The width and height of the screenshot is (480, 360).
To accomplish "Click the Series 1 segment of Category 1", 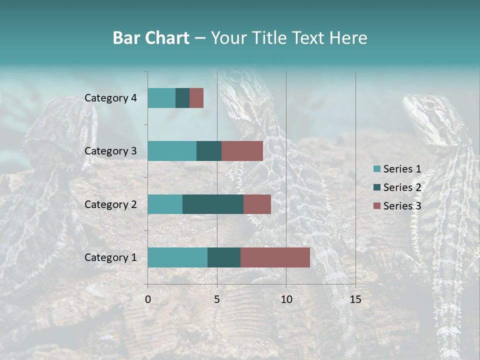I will pyautogui.click(x=177, y=257).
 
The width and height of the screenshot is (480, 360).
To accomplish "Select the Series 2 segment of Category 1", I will pyautogui.click(x=223, y=257).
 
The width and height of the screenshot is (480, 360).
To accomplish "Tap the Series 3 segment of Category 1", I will pyautogui.click(x=275, y=257).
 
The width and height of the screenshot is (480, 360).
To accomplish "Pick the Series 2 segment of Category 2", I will pyautogui.click(x=212, y=204).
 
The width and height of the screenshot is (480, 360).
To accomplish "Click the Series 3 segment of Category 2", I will pyautogui.click(x=257, y=204).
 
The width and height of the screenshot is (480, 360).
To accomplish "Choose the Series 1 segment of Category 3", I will pyautogui.click(x=171, y=151).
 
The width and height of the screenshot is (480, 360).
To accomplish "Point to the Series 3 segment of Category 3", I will pyautogui.click(x=242, y=151).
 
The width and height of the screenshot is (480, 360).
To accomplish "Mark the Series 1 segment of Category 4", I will pyautogui.click(x=161, y=98).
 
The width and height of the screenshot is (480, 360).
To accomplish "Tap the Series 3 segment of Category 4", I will pyautogui.click(x=196, y=98).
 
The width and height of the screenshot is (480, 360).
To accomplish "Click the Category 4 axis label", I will pyautogui.click(x=110, y=98).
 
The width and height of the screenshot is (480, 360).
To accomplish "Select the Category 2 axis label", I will pyautogui.click(x=110, y=204).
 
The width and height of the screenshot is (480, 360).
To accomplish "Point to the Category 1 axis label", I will pyautogui.click(x=110, y=257).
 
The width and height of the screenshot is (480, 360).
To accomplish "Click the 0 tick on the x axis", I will pyautogui.click(x=148, y=299).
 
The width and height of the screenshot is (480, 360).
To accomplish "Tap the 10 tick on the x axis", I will pyautogui.click(x=286, y=299).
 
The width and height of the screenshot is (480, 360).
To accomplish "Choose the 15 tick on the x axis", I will pyautogui.click(x=355, y=299).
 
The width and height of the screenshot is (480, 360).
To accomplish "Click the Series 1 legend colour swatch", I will pyautogui.click(x=376, y=169).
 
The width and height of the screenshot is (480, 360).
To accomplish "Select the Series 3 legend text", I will pyautogui.click(x=402, y=206).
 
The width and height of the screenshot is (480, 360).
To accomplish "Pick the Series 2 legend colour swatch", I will pyautogui.click(x=376, y=187).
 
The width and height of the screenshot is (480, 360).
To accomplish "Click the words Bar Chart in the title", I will pyautogui.click(x=151, y=38).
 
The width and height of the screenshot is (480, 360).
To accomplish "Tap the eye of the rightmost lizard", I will pyautogui.click(x=429, y=105).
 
